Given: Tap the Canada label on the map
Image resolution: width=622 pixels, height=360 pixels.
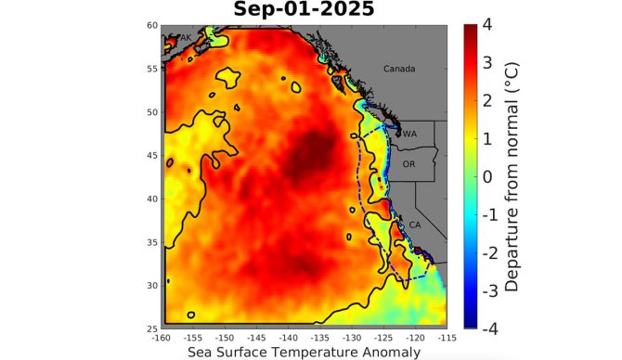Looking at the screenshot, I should pyautogui.click(x=400, y=70).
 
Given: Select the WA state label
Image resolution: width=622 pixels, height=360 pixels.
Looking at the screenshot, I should pyautogui.click(x=409, y=134).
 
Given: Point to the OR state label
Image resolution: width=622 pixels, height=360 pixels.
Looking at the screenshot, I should pyautogui.click(x=408, y=163).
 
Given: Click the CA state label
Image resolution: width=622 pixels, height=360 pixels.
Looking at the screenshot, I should pyautogui.click(x=414, y=225).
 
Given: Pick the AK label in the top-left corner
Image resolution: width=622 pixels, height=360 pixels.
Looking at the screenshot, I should pyautogui.click(x=184, y=37).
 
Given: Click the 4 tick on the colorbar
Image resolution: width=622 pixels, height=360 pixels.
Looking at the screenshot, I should pyautogui.click(x=486, y=23).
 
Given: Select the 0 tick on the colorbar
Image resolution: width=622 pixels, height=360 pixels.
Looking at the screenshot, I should pyautogui.click(x=486, y=175).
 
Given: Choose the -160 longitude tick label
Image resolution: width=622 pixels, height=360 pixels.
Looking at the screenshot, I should pyautogui.click(x=163, y=338).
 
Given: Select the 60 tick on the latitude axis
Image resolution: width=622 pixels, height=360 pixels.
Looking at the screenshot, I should pyautogui.click(x=151, y=25).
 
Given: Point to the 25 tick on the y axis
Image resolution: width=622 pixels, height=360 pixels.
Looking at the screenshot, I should pyautogui.click(x=151, y=328).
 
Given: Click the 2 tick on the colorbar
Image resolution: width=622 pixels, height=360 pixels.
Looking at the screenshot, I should pyautogui.click(x=486, y=99).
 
